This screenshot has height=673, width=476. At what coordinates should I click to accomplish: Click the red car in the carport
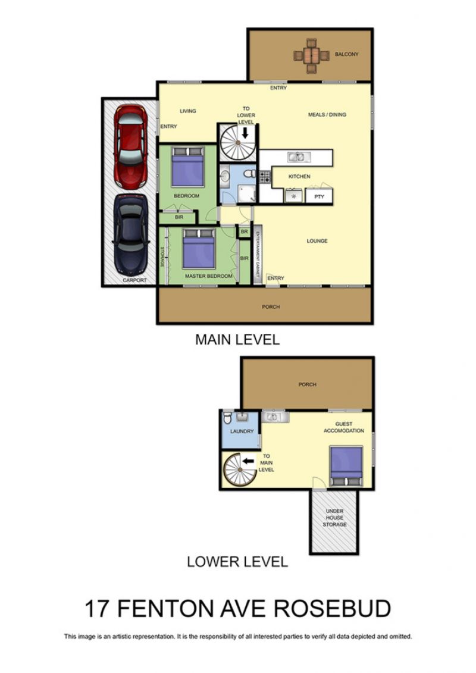click(x=130, y=147)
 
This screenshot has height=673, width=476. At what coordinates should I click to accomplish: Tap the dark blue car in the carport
click(x=131, y=235)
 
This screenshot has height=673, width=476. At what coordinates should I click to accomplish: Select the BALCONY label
click(x=346, y=54)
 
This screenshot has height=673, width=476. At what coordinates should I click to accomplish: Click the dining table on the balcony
click(x=311, y=56)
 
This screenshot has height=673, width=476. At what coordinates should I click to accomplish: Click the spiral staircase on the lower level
click(x=240, y=470)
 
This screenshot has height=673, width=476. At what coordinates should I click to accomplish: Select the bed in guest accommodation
click(x=346, y=466)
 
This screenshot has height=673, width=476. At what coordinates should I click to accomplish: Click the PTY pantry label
click(x=319, y=196)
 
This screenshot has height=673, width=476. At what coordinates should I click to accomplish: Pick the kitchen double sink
click(x=296, y=156)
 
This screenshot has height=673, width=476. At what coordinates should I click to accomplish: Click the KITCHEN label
click(x=299, y=176)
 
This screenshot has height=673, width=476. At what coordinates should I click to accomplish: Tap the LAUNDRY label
click(x=242, y=431)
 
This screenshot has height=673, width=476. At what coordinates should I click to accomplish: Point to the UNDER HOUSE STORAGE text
click(x=335, y=518)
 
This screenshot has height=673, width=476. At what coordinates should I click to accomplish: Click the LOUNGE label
click(x=317, y=241)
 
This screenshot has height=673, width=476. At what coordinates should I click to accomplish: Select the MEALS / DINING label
click(x=327, y=115)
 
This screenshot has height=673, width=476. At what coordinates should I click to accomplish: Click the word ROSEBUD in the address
click(x=332, y=609)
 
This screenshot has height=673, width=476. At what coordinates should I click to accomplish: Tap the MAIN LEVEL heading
click(x=237, y=340)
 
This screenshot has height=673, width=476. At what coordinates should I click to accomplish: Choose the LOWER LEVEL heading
click(x=237, y=561)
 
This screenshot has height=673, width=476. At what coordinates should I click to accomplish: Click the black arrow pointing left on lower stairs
click(x=248, y=461)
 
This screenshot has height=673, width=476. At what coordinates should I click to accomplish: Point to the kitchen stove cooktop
click(x=265, y=176)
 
